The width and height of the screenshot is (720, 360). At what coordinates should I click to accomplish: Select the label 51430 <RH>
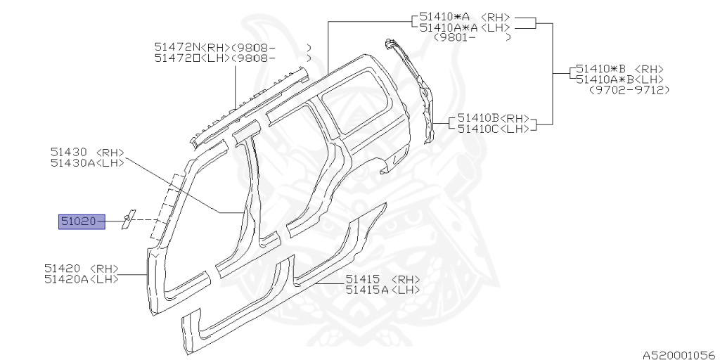click(x=86, y=152)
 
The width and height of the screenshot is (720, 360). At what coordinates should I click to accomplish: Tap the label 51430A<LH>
click(x=86, y=163)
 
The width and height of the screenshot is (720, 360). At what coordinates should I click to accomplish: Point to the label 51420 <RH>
click(x=81, y=269)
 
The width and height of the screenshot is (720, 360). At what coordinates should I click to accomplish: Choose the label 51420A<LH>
click(x=81, y=279)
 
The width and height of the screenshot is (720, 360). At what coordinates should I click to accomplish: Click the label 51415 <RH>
click(x=382, y=279)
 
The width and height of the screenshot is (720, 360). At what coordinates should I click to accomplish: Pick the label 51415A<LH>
click(x=382, y=290)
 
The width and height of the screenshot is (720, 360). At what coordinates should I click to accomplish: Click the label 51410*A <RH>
click(x=465, y=16)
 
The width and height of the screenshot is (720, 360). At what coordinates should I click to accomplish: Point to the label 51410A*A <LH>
click(x=465, y=27)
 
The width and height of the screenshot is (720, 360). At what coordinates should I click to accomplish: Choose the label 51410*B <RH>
click(x=619, y=69)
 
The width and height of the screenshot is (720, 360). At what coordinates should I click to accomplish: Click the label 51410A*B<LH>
click(x=619, y=79)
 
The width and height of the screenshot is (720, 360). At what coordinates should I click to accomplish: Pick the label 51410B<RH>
click(x=493, y=118)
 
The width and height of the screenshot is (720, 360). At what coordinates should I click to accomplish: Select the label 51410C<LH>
click(x=493, y=129)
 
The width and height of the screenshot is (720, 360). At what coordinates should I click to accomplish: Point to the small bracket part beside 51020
click(x=128, y=220)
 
